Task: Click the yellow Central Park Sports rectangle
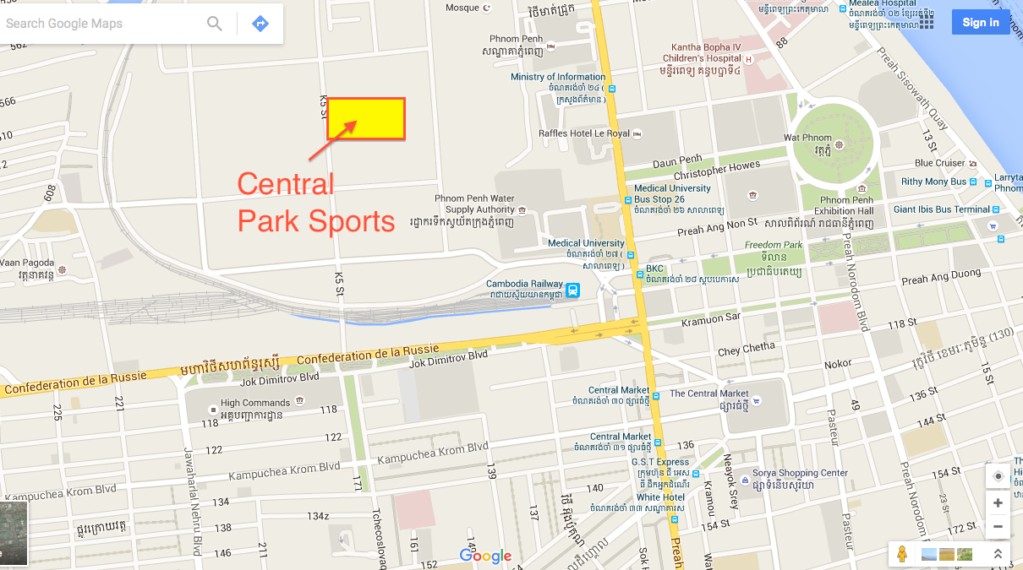[366, 118]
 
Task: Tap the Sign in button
[980, 22]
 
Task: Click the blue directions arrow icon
[260, 24]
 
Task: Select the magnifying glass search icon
[215, 24]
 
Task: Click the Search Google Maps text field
[101, 24]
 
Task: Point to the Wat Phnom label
[807, 138]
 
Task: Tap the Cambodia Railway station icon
[573, 290]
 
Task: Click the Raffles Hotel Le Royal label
[584, 133]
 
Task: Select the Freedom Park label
[773, 245]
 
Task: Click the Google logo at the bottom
[485, 556]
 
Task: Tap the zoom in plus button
[998, 502]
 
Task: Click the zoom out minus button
[998, 527]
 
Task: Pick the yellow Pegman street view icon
[902, 554]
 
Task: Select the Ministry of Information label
[558, 77]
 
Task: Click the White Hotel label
[660, 497]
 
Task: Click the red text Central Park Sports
[315, 203]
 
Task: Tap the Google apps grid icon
[927, 23]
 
